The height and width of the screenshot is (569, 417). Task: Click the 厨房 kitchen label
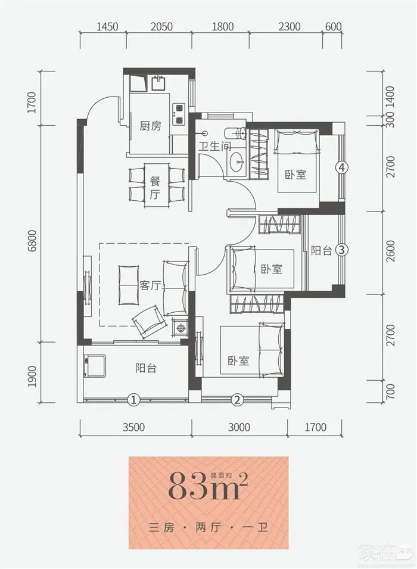pyautogui.click(x=150, y=126)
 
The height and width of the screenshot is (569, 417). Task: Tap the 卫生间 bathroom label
pyautogui.click(x=215, y=147)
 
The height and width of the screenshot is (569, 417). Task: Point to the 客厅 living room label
pyautogui.click(x=150, y=285)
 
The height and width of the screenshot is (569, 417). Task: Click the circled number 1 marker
pyautogui.click(x=133, y=400)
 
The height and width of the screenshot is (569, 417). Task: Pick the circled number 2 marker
pyautogui.click(x=237, y=400)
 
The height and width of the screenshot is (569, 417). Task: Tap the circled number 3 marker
pyautogui.click(x=342, y=250)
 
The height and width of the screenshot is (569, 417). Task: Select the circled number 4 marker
pyautogui.click(x=342, y=167)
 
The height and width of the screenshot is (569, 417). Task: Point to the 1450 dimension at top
pyautogui.click(x=107, y=27)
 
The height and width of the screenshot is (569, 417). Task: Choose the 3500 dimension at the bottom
pyautogui.click(x=133, y=427)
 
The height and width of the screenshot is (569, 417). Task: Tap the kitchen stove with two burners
pyautogui.click(x=179, y=114)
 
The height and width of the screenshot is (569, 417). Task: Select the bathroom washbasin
pyautogui.click(x=239, y=160)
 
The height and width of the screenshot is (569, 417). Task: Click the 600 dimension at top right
pyautogui.click(x=334, y=27)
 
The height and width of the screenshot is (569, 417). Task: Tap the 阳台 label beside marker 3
pyautogui.click(x=322, y=251)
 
